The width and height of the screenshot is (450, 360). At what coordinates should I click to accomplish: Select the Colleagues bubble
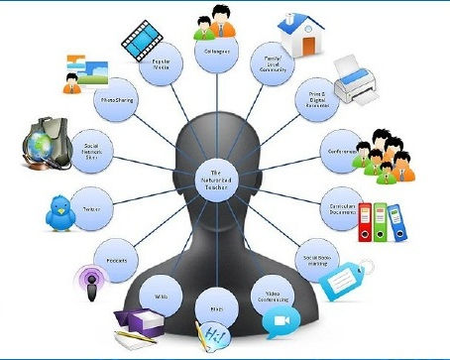tap(218, 54)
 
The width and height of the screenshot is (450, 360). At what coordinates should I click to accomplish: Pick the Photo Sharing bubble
tap(112, 100)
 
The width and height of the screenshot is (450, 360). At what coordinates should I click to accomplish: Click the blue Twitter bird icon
tap(60, 210)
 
